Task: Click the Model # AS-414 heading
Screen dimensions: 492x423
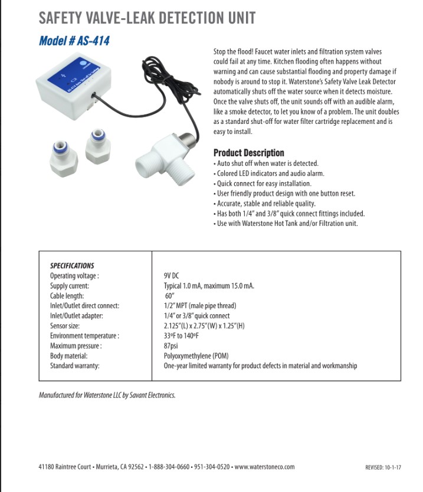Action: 74,41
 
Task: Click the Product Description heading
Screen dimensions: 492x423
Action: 248,153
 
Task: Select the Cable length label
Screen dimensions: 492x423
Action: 67,296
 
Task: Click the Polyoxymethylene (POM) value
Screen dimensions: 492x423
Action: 196,356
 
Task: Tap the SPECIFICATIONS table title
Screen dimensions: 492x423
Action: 72,266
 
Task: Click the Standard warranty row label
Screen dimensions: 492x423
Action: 74,366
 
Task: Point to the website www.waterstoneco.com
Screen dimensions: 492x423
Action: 264,467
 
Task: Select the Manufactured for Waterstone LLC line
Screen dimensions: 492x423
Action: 107,395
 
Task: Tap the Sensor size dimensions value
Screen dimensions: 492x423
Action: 204,326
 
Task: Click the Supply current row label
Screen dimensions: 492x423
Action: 70,286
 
